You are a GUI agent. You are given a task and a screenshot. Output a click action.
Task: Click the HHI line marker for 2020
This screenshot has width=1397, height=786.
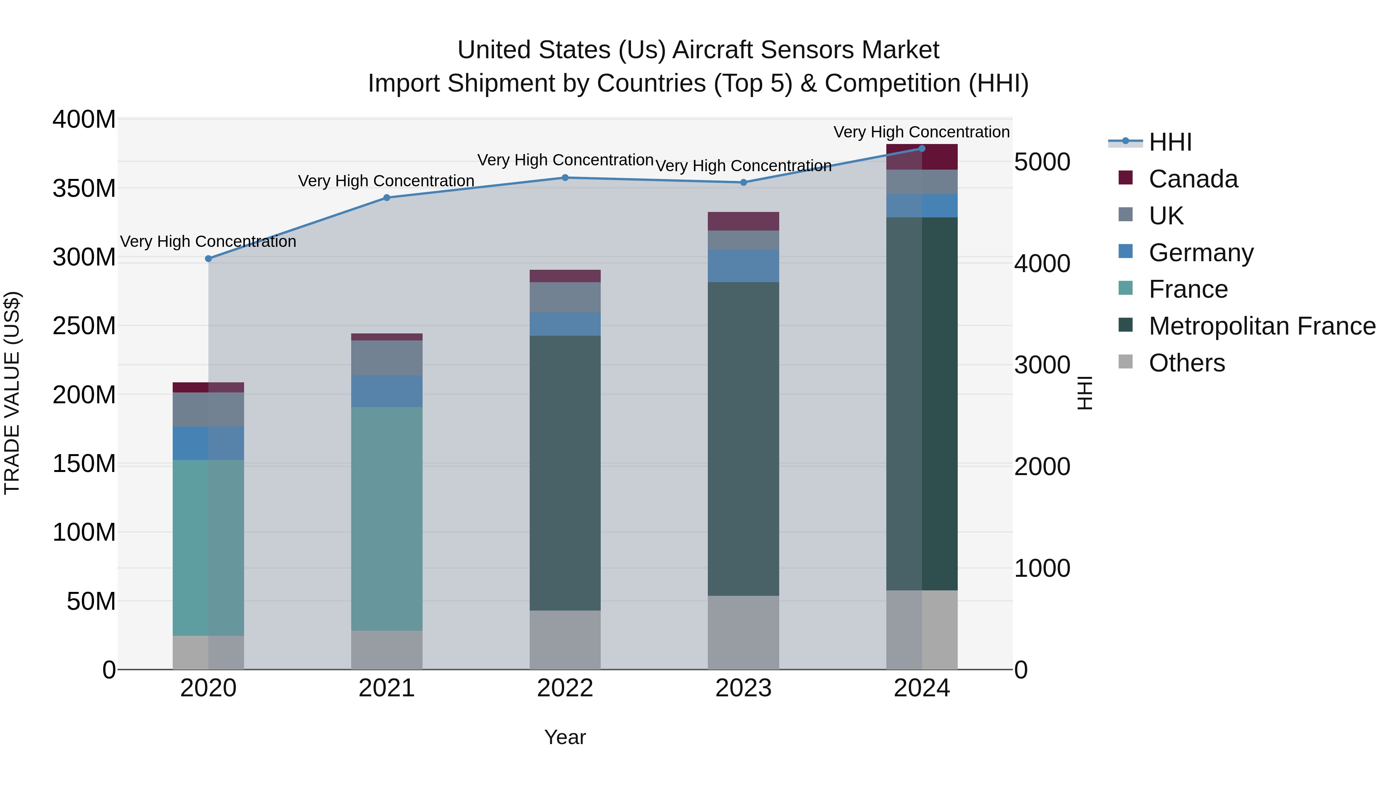pos(208,259)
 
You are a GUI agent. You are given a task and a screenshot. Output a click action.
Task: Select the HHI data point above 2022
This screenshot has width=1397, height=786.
pos(565,177)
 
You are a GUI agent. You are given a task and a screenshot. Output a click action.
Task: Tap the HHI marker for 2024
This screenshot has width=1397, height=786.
pos(922,148)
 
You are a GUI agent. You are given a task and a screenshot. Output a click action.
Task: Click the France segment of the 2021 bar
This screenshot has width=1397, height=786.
pos(387,518)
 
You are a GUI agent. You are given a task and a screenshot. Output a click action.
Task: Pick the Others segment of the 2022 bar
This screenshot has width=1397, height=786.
pos(565,640)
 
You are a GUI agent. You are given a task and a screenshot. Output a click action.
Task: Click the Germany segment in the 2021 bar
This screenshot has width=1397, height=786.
pos(387,391)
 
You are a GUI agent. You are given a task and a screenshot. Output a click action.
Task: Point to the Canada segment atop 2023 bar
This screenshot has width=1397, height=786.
pos(744,221)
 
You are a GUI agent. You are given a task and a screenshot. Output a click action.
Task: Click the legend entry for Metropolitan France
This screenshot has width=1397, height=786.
pos(1262,326)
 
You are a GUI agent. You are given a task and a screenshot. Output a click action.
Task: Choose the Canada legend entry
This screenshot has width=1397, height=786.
pos(1193,179)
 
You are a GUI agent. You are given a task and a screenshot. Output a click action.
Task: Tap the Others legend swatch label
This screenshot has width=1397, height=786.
pos(1187,363)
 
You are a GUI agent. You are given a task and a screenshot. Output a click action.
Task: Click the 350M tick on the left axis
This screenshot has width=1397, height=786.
pos(84,188)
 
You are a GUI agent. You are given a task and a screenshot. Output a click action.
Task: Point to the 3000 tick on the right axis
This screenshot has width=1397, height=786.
pos(1042,365)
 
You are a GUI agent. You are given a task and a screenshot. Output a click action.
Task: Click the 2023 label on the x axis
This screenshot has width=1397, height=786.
pos(744,688)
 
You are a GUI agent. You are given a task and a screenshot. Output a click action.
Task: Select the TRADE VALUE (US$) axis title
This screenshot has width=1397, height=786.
pos(12,393)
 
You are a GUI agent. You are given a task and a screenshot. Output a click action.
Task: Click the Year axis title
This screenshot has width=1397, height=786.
pos(565,737)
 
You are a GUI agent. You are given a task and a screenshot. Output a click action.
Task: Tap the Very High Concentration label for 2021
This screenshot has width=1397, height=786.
pos(386,180)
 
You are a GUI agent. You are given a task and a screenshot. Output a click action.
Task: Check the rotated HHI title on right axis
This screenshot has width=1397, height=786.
pos(1085,393)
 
